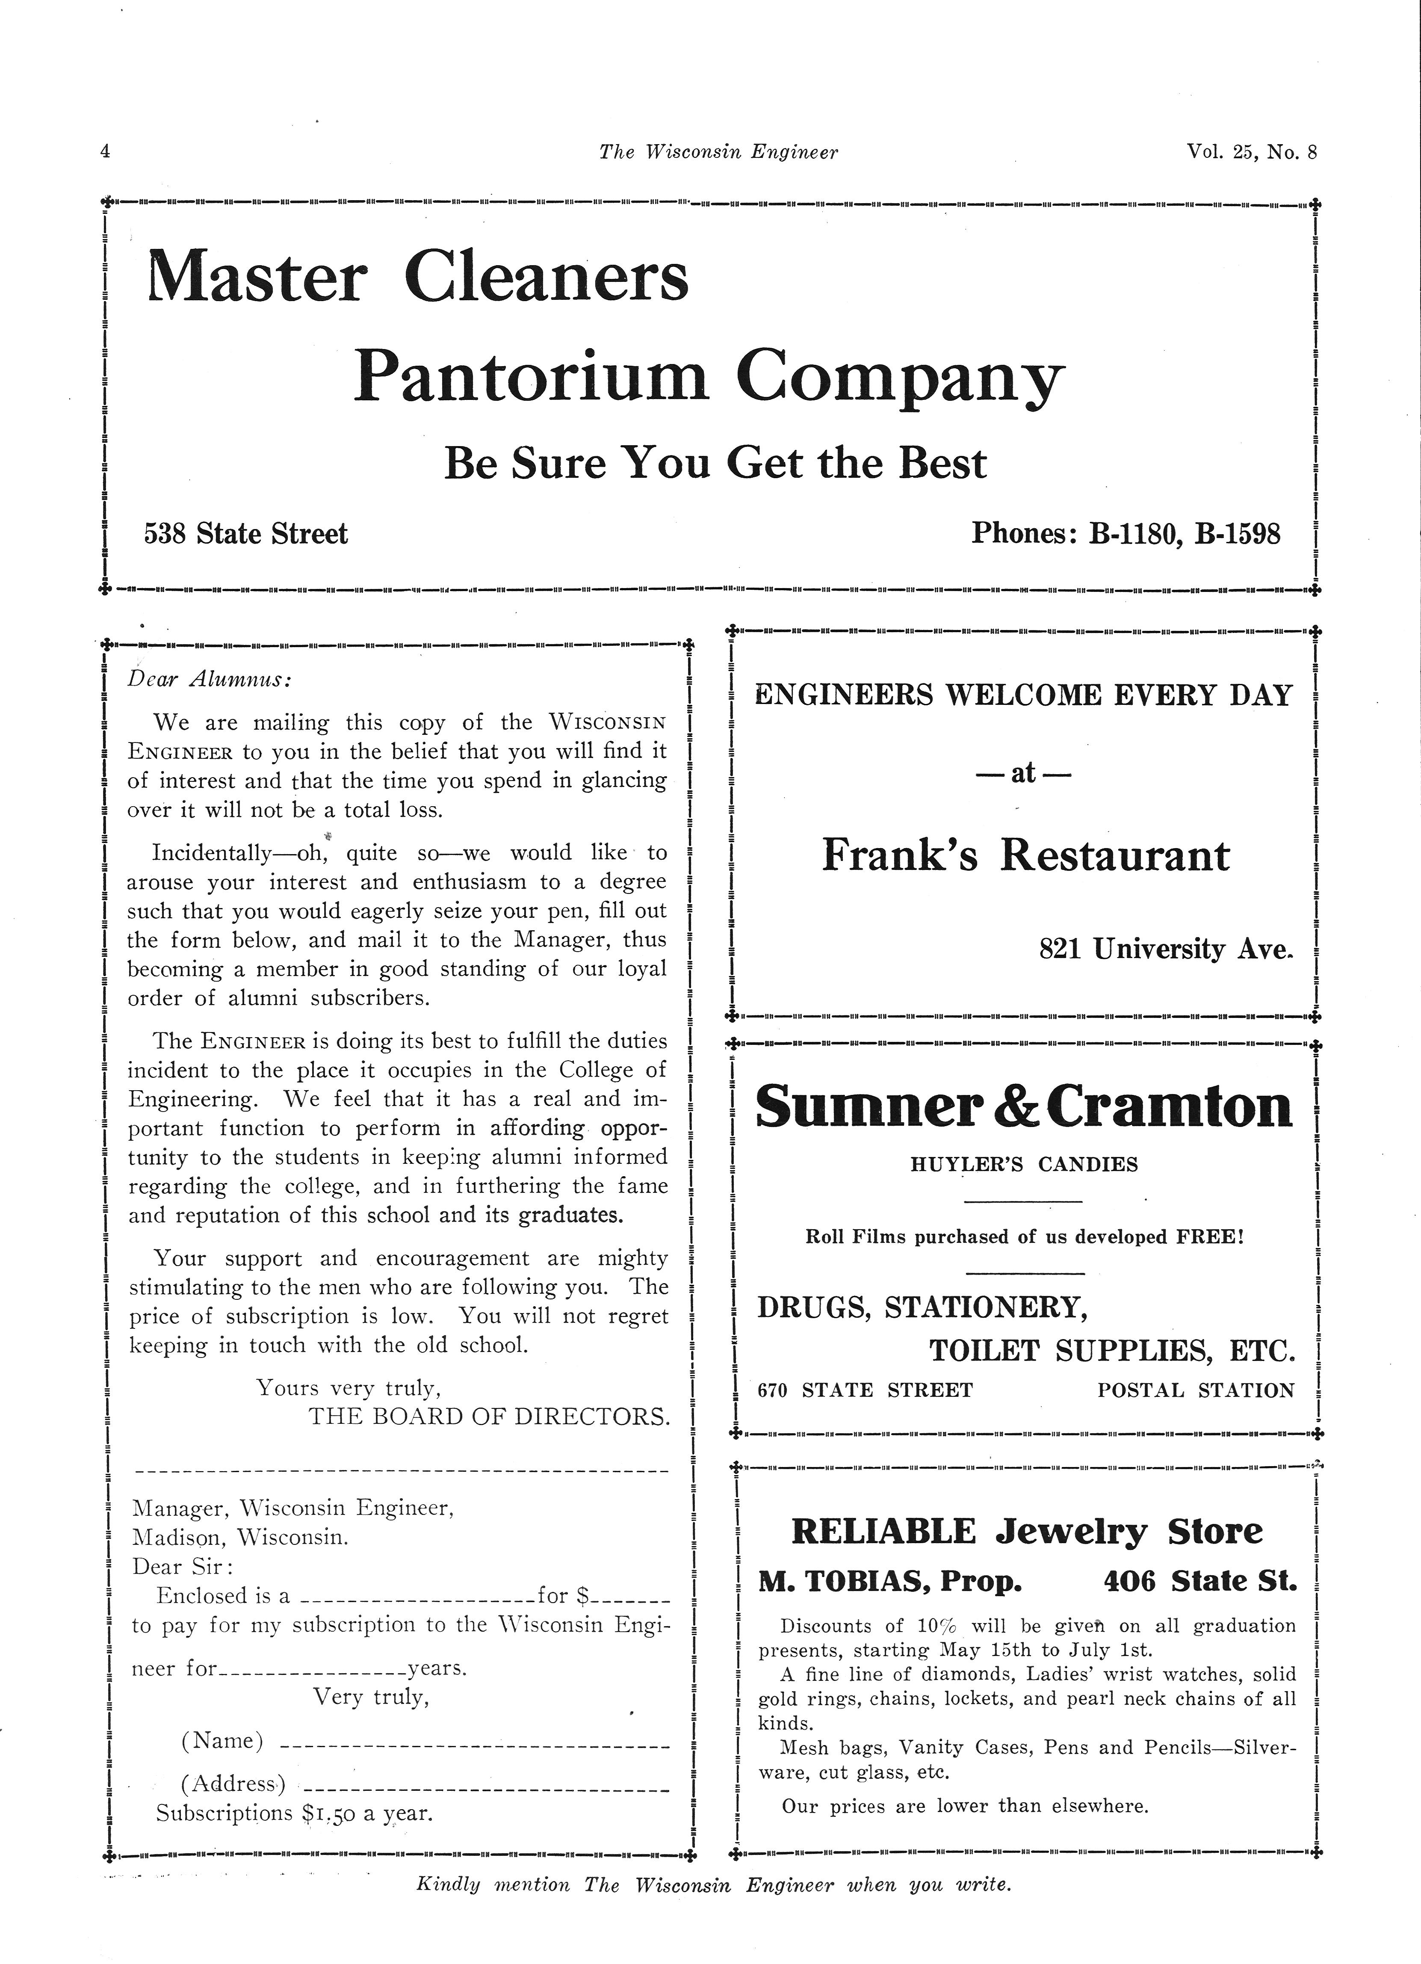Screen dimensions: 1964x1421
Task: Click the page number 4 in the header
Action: click(x=105, y=151)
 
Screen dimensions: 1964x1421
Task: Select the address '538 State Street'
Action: click(x=246, y=533)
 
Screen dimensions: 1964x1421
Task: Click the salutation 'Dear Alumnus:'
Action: click(x=210, y=680)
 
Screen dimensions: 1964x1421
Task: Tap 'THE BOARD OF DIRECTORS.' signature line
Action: click(x=489, y=1417)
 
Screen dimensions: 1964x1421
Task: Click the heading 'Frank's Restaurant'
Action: click(x=1025, y=855)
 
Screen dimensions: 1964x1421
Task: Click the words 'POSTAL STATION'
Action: click(x=1196, y=1391)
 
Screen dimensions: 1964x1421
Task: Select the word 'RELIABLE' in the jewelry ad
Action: click(x=883, y=1532)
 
